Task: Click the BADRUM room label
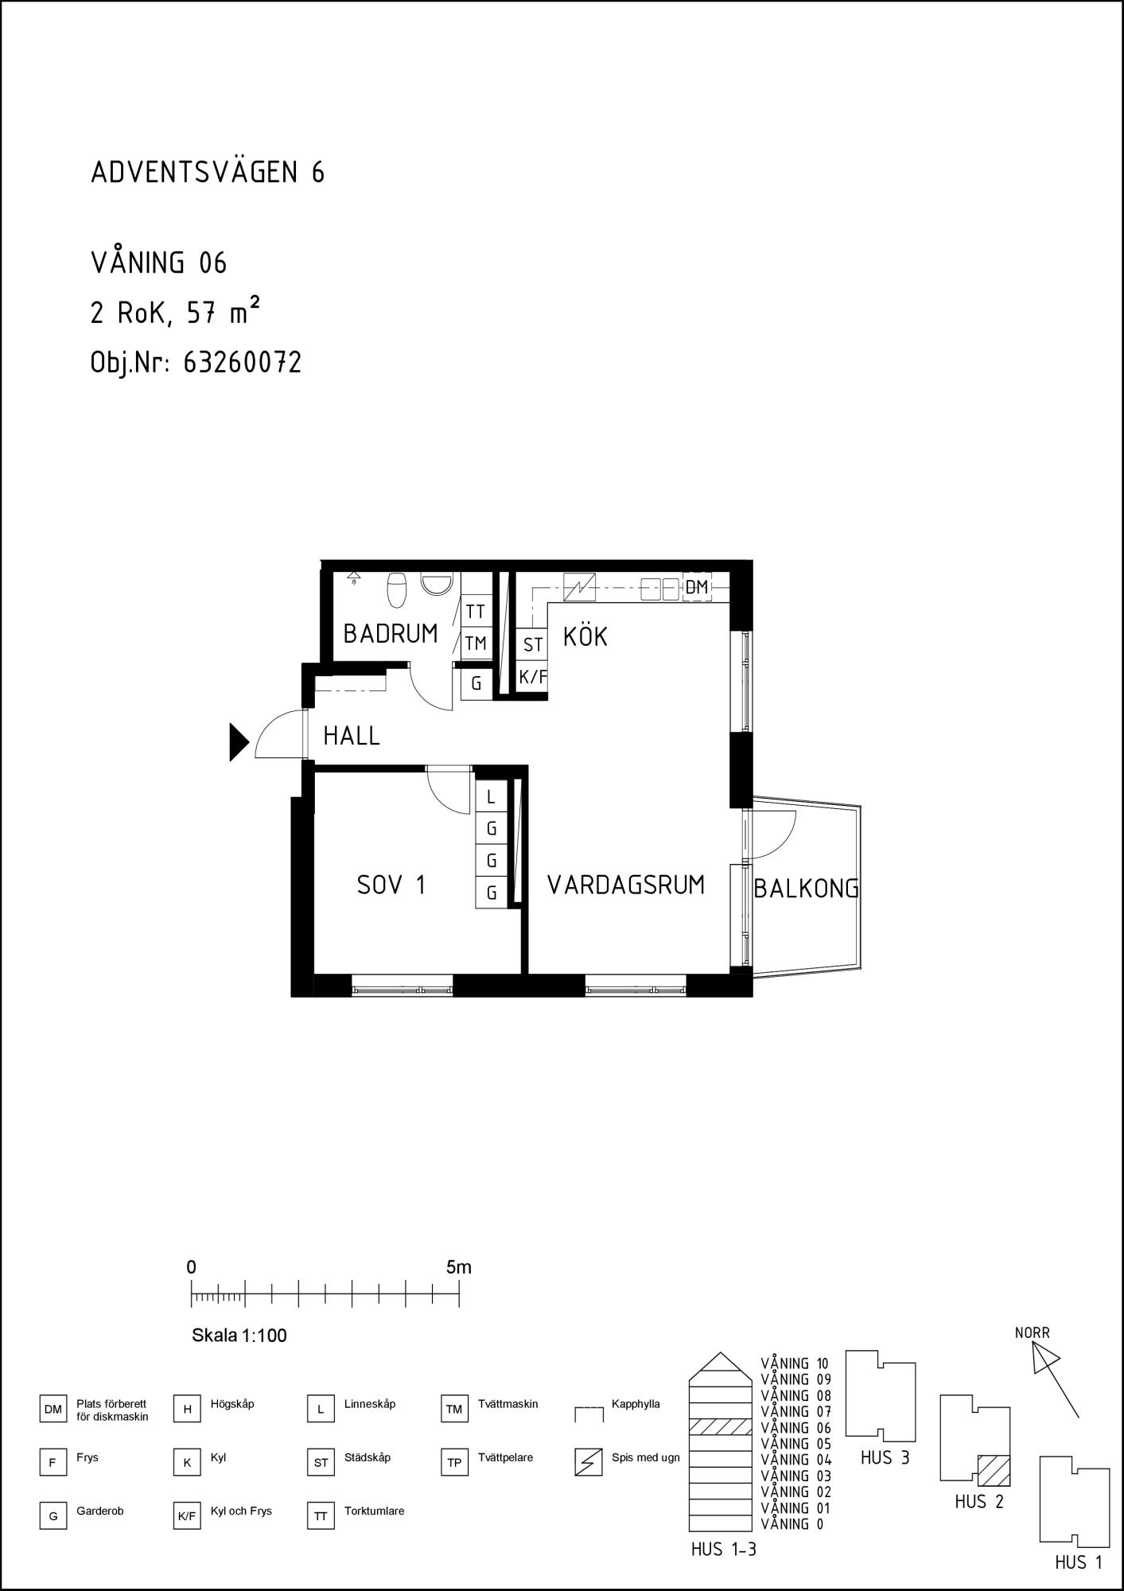pos(391,634)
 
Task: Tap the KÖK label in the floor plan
pos(585,636)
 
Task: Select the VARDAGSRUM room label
pos(626,885)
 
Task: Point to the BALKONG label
pos(807,889)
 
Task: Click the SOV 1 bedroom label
pos(391,885)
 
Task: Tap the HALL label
pos(352,736)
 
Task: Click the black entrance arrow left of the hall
pos(239,742)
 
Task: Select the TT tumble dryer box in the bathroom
pos(476,612)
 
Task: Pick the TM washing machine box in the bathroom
pos(476,643)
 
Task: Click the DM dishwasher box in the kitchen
pos(697,588)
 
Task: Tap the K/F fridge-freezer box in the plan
pos(533,677)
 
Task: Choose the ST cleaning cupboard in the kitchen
pos(533,645)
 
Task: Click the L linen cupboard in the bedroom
pos(491,797)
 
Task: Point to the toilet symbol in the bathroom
pos(396,589)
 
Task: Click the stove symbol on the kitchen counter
pos(579,588)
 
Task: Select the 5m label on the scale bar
pos(459,1267)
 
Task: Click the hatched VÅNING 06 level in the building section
pos(720,1426)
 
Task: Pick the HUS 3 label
pos(885,1458)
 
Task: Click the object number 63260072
pos(243,363)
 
